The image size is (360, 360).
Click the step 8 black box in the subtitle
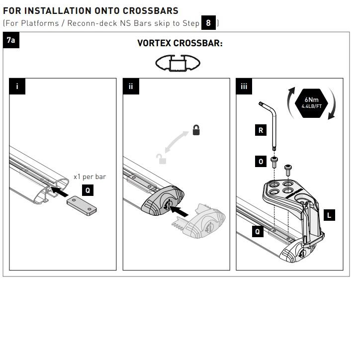click(208, 23)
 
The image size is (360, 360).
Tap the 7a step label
click(11, 40)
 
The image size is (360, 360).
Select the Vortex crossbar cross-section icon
click(178, 63)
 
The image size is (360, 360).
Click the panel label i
click(17, 87)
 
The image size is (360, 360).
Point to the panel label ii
click(131, 87)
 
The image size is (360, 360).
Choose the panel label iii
click(244, 87)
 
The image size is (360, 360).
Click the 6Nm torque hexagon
click(311, 103)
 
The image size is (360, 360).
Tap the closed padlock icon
click(196, 130)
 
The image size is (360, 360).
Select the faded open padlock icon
click(162, 159)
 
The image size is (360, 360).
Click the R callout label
click(261, 130)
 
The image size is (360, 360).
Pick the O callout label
click(261, 162)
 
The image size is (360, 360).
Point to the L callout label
click(329, 215)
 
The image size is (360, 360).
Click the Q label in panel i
click(88, 190)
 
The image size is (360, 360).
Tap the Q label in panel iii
click(258, 231)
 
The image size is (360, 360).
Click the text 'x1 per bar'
click(90, 177)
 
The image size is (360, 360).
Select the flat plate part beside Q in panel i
click(82, 206)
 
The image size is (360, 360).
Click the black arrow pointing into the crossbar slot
click(59, 192)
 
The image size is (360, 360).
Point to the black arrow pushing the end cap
click(179, 211)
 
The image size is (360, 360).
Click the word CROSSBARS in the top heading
click(150, 11)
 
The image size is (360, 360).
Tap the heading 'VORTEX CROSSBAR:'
click(180, 43)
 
